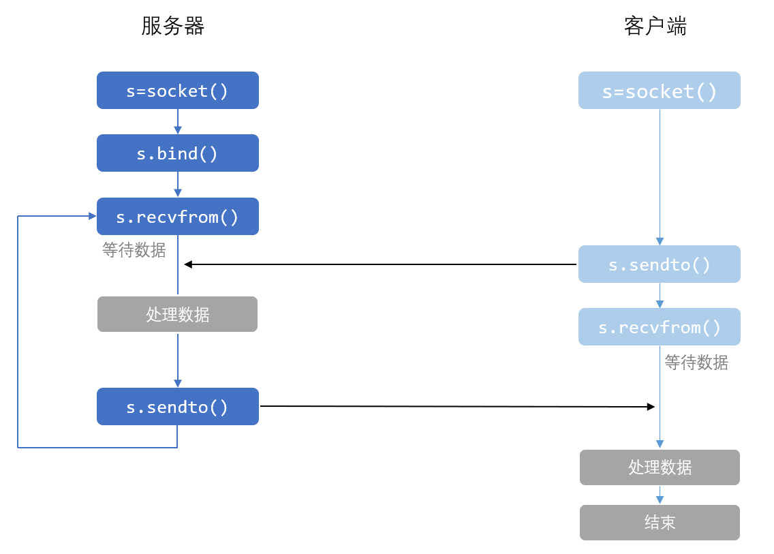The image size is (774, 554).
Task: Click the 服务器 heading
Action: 172,26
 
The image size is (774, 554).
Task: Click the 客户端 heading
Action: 655,26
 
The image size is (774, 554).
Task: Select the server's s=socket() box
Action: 178,91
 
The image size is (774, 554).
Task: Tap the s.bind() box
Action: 178,153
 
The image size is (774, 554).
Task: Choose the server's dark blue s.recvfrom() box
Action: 178,216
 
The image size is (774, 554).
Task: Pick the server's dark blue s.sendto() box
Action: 178,406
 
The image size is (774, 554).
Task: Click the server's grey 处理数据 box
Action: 178,314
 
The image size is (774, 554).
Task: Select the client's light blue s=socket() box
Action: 660,91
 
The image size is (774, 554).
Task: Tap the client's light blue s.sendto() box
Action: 660,264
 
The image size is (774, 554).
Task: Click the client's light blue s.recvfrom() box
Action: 660,327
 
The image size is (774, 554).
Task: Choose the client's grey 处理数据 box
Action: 660,467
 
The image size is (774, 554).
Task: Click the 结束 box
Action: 660,523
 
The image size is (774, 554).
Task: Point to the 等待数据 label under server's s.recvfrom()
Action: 134,250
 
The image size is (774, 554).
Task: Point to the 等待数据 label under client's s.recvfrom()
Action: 696,363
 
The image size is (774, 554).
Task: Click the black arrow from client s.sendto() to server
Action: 380,264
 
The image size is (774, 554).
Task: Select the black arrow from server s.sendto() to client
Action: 457,406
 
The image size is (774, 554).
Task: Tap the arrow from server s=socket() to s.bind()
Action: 178,121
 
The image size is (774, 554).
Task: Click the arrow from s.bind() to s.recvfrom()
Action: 178,185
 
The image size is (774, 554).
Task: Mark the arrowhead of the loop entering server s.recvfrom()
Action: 92,216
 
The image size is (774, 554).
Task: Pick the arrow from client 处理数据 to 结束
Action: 660,495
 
